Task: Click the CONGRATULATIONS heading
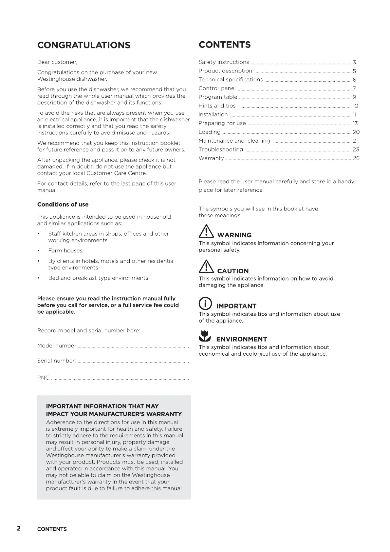(x=84, y=45)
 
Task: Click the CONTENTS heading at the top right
(x=225, y=45)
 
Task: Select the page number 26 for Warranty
(x=356, y=158)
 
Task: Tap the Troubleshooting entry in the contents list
(x=221, y=149)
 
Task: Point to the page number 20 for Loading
(x=356, y=132)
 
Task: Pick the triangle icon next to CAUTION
(x=206, y=267)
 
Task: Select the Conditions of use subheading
(x=63, y=205)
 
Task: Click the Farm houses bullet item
(x=65, y=251)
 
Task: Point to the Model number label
(x=57, y=346)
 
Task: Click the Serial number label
(x=57, y=361)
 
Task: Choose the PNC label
(x=44, y=378)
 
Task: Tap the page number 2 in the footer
(x=19, y=528)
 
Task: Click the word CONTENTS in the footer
(x=52, y=529)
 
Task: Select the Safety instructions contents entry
(x=224, y=62)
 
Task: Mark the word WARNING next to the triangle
(x=234, y=235)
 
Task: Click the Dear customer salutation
(x=57, y=62)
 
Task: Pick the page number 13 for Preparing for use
(x=355, y=123)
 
